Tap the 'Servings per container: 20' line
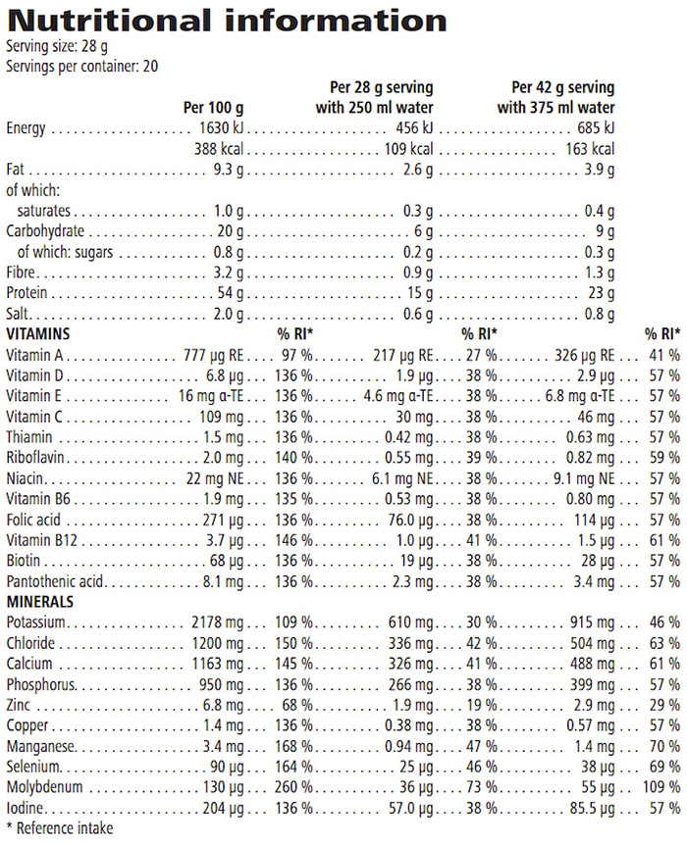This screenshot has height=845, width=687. [81, 67]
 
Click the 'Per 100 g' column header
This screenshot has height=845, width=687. [212, 108]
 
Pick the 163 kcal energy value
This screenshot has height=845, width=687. [590, 149]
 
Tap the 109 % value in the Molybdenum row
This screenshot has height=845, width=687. [663, 787]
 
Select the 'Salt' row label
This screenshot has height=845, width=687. [18, 314]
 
